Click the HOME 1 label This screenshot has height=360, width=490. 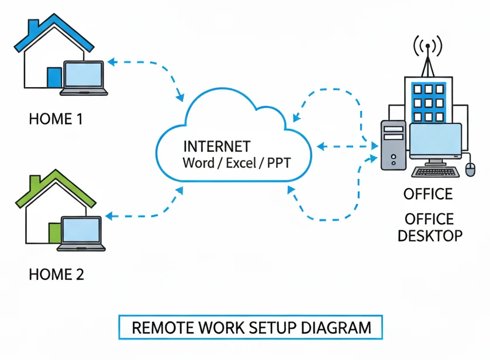point(56,119)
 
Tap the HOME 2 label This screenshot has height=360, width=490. point(56,274)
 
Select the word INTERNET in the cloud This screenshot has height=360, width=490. point(217,146)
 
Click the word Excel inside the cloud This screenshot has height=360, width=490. point(241,162)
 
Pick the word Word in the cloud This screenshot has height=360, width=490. point(198,162)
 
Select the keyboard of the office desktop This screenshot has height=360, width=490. point(435,171)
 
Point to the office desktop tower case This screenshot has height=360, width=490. point(394,144)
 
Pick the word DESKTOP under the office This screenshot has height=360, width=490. point(430,236)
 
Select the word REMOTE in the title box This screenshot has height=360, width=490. point(161,327)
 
